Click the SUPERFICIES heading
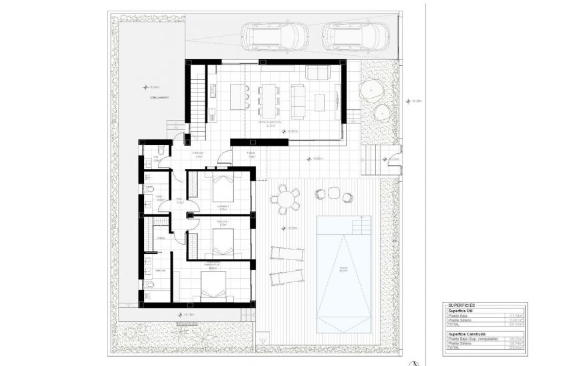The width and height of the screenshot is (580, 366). [463, 305]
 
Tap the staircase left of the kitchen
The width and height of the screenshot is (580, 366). [198, 97]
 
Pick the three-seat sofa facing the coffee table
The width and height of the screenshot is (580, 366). [298, 97]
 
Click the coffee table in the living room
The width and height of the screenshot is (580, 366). [319, 101]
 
